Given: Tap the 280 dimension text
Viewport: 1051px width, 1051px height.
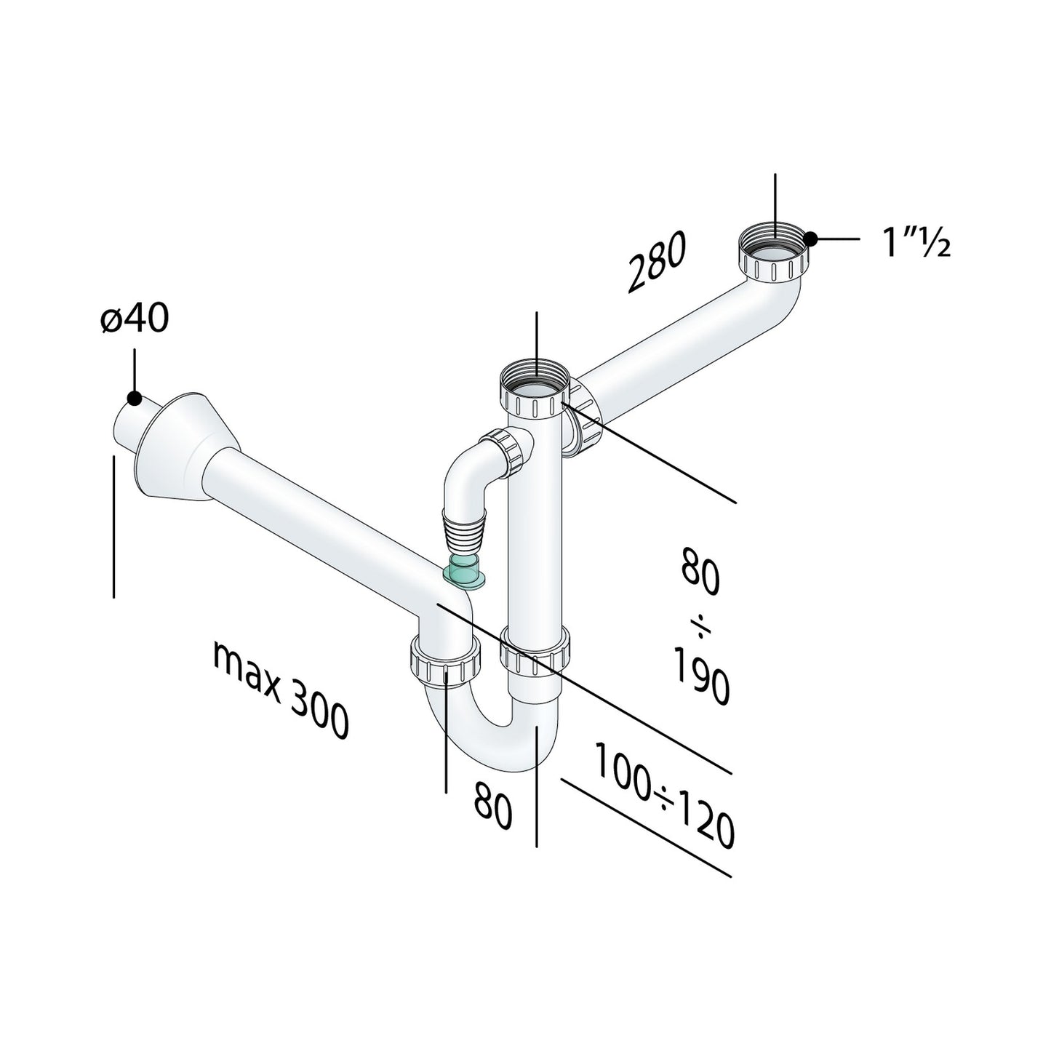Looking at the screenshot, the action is tap(656, 263).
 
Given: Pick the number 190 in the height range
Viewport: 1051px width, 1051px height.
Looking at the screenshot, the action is tap(701, 676).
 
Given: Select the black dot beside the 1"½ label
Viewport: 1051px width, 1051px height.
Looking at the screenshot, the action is tap(810, 239).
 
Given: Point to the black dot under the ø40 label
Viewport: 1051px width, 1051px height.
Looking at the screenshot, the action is tap(135, 398).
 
